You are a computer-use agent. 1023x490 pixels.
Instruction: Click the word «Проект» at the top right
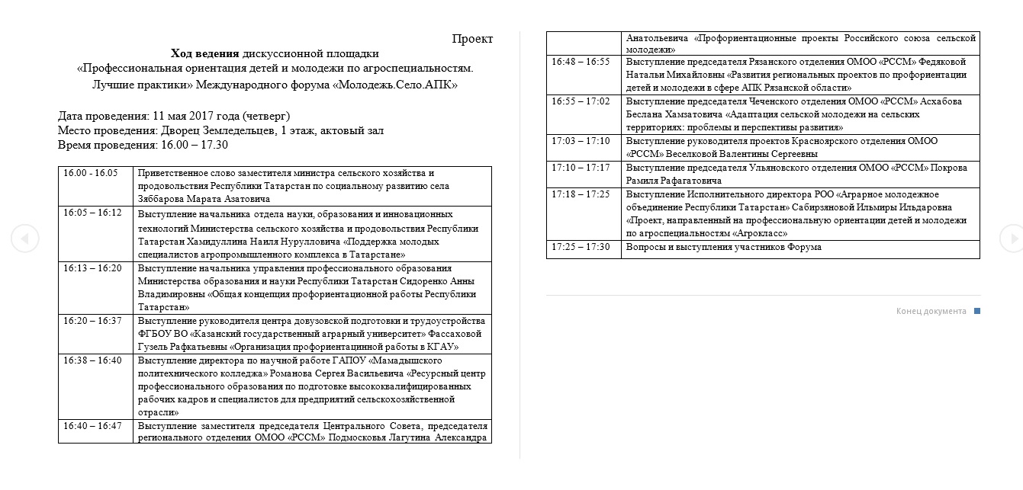pos(472,39)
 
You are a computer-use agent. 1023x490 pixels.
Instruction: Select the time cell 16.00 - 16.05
pos(91,173)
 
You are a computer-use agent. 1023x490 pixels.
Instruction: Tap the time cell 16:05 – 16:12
pos(92,213)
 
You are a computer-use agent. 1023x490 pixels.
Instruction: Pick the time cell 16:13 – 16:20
pos(92,268)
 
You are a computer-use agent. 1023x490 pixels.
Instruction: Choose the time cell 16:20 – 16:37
pos(92,321)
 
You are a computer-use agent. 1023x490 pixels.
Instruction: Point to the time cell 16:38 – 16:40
pos(92,360)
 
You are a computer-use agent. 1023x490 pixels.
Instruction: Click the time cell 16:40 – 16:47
pos(92,426)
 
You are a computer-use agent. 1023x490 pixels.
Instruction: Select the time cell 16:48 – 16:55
pos(581,62)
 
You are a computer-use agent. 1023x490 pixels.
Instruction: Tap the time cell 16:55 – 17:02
pos(581,101)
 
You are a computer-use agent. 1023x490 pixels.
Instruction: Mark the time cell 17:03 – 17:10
pos(581,141)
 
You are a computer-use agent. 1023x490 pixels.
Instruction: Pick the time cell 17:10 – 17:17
pos(581,168)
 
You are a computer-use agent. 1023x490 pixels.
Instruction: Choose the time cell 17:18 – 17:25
pos(581,194)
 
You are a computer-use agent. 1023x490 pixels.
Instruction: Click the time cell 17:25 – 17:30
pos(581,247)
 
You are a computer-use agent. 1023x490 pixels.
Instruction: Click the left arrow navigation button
pos(24,239)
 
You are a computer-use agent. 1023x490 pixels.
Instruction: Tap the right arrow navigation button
pos(1011,239)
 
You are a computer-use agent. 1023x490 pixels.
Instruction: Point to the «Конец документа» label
pos(931,311)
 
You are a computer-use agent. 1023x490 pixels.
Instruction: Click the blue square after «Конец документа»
pos(977,311)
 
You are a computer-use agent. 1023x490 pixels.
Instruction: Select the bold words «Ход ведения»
pos(204,53)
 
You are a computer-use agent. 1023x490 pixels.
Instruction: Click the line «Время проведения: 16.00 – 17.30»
pos(143,145)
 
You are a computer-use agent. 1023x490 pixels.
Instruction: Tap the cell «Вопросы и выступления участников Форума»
pos(723,247)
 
